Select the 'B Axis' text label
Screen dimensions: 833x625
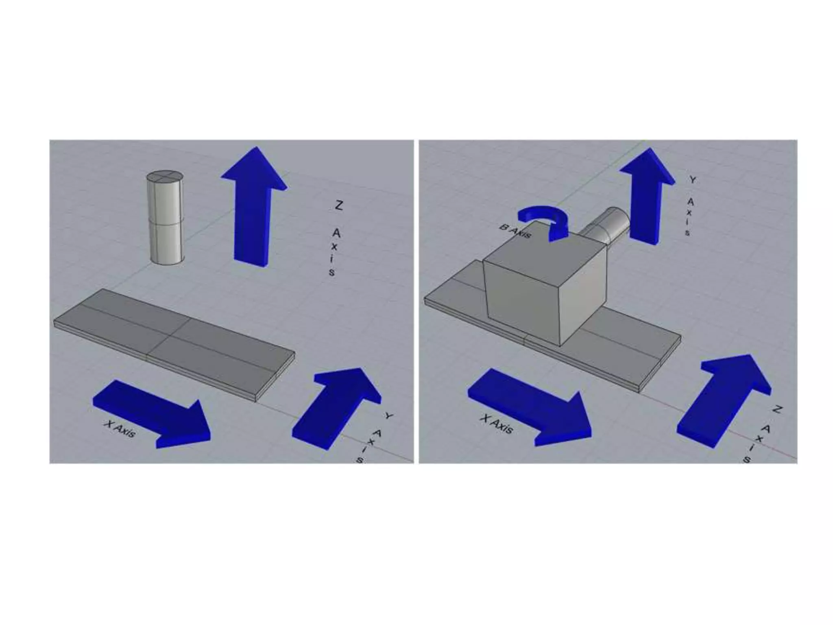[515, 232]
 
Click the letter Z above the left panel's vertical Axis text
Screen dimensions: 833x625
[338, 205]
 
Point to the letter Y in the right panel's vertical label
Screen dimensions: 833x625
[693, 179]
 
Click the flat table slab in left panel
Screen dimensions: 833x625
[174, 345]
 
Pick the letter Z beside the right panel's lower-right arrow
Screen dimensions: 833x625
[777, 409]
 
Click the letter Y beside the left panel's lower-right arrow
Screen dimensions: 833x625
[389, 416]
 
